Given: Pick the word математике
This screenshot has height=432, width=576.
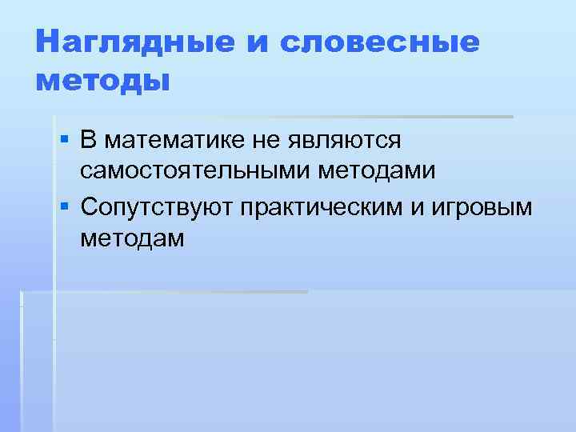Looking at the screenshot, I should click(174, 142).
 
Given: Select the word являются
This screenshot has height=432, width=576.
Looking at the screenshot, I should click(342, 142).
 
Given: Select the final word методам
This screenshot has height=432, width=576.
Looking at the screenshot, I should click(132, 238).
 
